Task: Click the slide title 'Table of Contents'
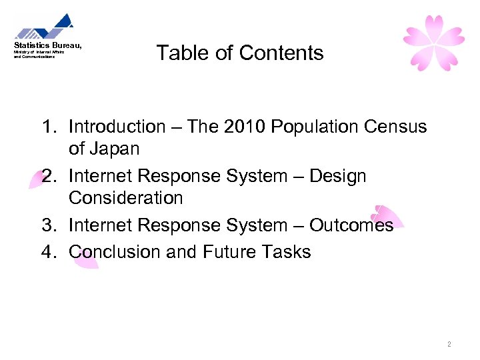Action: [240, 53]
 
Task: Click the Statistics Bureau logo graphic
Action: [44, 27]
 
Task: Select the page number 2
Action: [449, 344]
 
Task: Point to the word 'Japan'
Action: [115, 149]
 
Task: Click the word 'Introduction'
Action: [117, 127]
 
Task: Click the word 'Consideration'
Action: [125, 198]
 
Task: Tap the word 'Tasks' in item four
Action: [286, 252]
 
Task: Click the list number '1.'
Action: [49, 127]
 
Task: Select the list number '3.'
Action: [49, 225]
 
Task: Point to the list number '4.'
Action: [49, 252]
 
